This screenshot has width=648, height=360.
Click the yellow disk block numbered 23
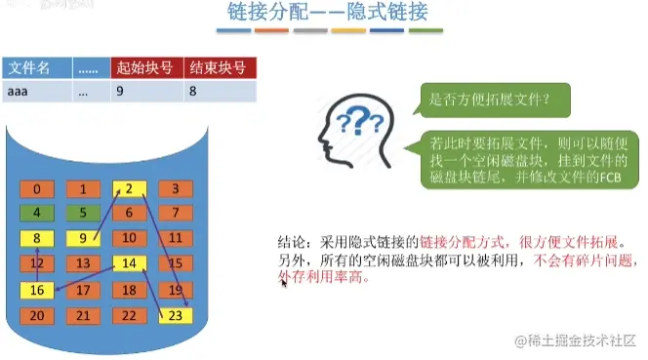tap(176, 315)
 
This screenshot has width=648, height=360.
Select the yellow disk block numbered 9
tap(83, 238)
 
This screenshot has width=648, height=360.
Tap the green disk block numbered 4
tap(37, 213)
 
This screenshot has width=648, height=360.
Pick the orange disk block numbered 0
tap(37, 188)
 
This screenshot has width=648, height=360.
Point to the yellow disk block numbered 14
tap(129, 263)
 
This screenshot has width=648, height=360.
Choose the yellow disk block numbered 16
tap(37, 290)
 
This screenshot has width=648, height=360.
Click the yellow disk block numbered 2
tap(129, 188)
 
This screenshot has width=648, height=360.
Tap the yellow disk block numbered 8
tap(37, 238)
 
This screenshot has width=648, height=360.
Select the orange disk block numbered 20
tap(37, 315)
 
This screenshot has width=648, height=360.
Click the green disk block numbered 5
tap(83, 213)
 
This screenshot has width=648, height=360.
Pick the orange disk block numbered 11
tap(176, 238)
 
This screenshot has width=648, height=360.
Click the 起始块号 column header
tap(145, 68)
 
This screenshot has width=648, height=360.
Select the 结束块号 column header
tap(220, 68)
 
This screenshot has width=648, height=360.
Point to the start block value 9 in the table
tap(145, 92)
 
